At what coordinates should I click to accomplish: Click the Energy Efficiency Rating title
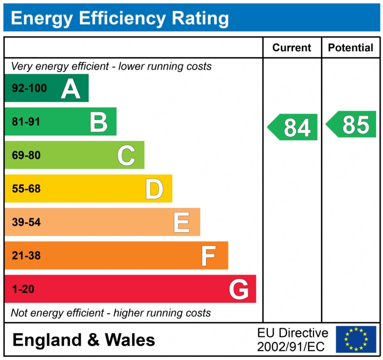click(120, 19)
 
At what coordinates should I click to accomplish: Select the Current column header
click(292, 48)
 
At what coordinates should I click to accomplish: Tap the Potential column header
click(350, 48)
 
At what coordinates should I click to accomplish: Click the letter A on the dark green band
click(71, 89)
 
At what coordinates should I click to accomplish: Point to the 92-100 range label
click(29, 89)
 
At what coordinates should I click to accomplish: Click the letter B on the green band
click(98, 122)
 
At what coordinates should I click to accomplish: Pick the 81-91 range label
click(26, 122)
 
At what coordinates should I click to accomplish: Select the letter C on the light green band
click(126, 155)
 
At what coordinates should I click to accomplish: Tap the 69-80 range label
click(26, 155)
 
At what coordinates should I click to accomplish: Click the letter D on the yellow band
click(154, 189)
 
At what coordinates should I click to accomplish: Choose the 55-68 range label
click(26, 189)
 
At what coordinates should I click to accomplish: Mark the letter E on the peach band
click(182, 222)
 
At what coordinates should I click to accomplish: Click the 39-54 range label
click(26, 222)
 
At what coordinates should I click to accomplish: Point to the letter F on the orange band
click(209, 256)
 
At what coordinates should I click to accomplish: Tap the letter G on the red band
click(239, 290)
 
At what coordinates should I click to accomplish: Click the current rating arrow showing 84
click(293, 127)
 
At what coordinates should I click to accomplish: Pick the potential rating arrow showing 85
click(351, 125)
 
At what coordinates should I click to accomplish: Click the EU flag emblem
click(356, 339)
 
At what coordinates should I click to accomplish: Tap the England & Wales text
click(84, 340)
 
